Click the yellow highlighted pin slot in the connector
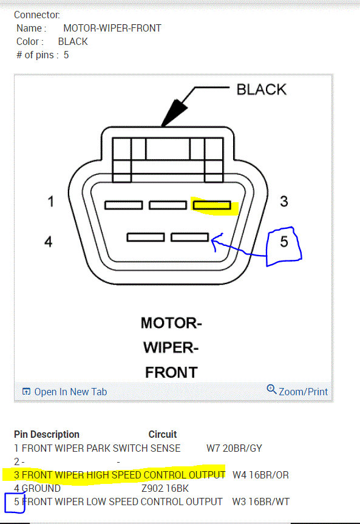tap(211, 205)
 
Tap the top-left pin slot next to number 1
tap(123, 205)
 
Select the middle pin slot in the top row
tap(168, 205)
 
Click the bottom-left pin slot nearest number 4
tap(146, 237)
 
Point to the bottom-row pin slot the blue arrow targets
tap(189, 237)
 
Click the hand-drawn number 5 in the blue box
tap(284, 242)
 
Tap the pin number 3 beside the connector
tap(284, 201)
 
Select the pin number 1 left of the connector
tap(51, 201)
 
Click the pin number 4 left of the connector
tap(49, 242)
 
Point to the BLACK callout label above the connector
tap(262, 90)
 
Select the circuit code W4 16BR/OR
tap(260, 475)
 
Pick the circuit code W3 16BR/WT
tap(260, 502)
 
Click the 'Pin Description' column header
tap(47, 434)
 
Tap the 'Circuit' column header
tap(163, 434)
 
